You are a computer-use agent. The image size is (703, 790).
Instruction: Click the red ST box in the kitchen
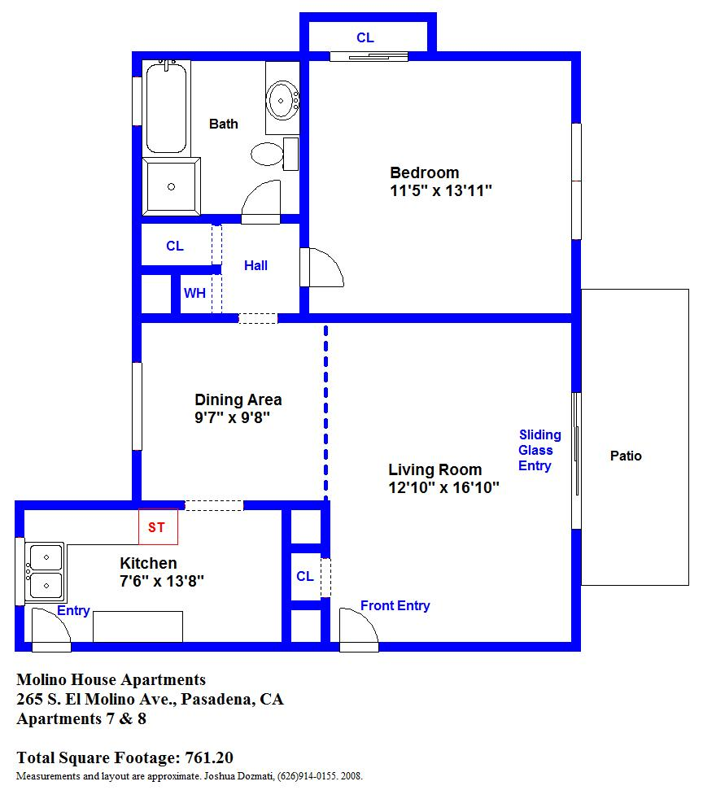[x=158, y=527]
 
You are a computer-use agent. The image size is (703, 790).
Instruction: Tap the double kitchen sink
[x=46, y=572]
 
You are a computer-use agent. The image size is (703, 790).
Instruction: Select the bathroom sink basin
[x=282, y=100]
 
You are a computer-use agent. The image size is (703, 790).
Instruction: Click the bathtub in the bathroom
[x=166, y=107]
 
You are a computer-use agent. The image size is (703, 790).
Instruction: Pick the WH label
[x=194, y=293]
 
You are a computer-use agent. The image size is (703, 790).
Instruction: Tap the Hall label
[x=255, y=265]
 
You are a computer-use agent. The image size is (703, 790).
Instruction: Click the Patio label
[x=626, y=456]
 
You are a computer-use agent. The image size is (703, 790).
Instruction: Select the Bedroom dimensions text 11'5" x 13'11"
[x=441, y=191]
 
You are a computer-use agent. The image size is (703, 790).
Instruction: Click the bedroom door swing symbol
[x=321, y=268]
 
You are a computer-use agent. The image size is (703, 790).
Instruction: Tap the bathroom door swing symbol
[x=261, y=202]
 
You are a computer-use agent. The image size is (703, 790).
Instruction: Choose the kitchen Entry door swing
[x=51, y=630]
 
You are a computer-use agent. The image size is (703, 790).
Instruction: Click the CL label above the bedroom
[x=365, y=37]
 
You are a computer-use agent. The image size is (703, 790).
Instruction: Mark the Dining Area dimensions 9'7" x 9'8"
[x=233, y=417]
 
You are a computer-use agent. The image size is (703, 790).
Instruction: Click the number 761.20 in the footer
[x=209, y=757]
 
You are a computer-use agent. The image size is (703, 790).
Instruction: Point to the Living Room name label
[x=435, y=470]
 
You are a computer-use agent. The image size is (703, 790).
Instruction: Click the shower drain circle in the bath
[x=172, y=187]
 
